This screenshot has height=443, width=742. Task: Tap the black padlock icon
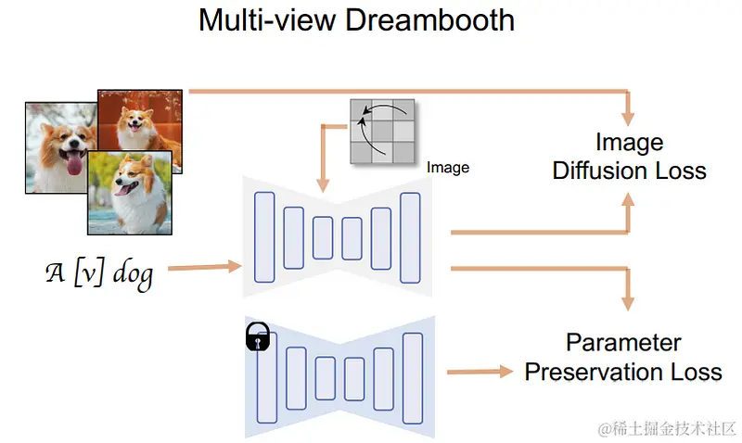257,337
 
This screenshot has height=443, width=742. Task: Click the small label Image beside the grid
448,168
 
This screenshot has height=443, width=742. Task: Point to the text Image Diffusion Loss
629,157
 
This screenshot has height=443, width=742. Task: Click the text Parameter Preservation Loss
623,358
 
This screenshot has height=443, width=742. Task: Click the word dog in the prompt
130,275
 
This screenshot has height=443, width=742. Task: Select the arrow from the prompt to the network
200,269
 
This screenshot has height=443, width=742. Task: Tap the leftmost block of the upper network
264,236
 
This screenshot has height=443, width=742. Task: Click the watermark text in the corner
667,428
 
